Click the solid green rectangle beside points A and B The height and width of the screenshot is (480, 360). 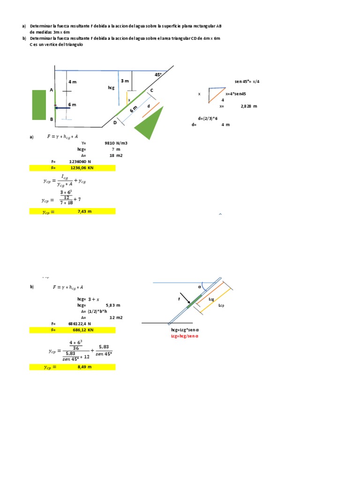pos(39,105)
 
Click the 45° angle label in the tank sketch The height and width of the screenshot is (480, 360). pos(158,75)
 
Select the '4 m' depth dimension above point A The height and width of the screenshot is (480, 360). pos(72,82)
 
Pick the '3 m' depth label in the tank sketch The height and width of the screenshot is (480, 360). pos(125,81)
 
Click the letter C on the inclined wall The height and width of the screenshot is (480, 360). pos(151,90)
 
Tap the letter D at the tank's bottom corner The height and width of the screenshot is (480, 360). pos(115,122)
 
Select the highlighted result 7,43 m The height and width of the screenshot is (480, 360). pos(84,211)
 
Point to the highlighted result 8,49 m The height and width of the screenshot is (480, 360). pos(84,367)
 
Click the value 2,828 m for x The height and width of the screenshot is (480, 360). pos(249,106)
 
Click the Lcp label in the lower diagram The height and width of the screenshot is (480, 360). pos(221,305)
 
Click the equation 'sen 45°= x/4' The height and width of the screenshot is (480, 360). pos(247,82)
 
